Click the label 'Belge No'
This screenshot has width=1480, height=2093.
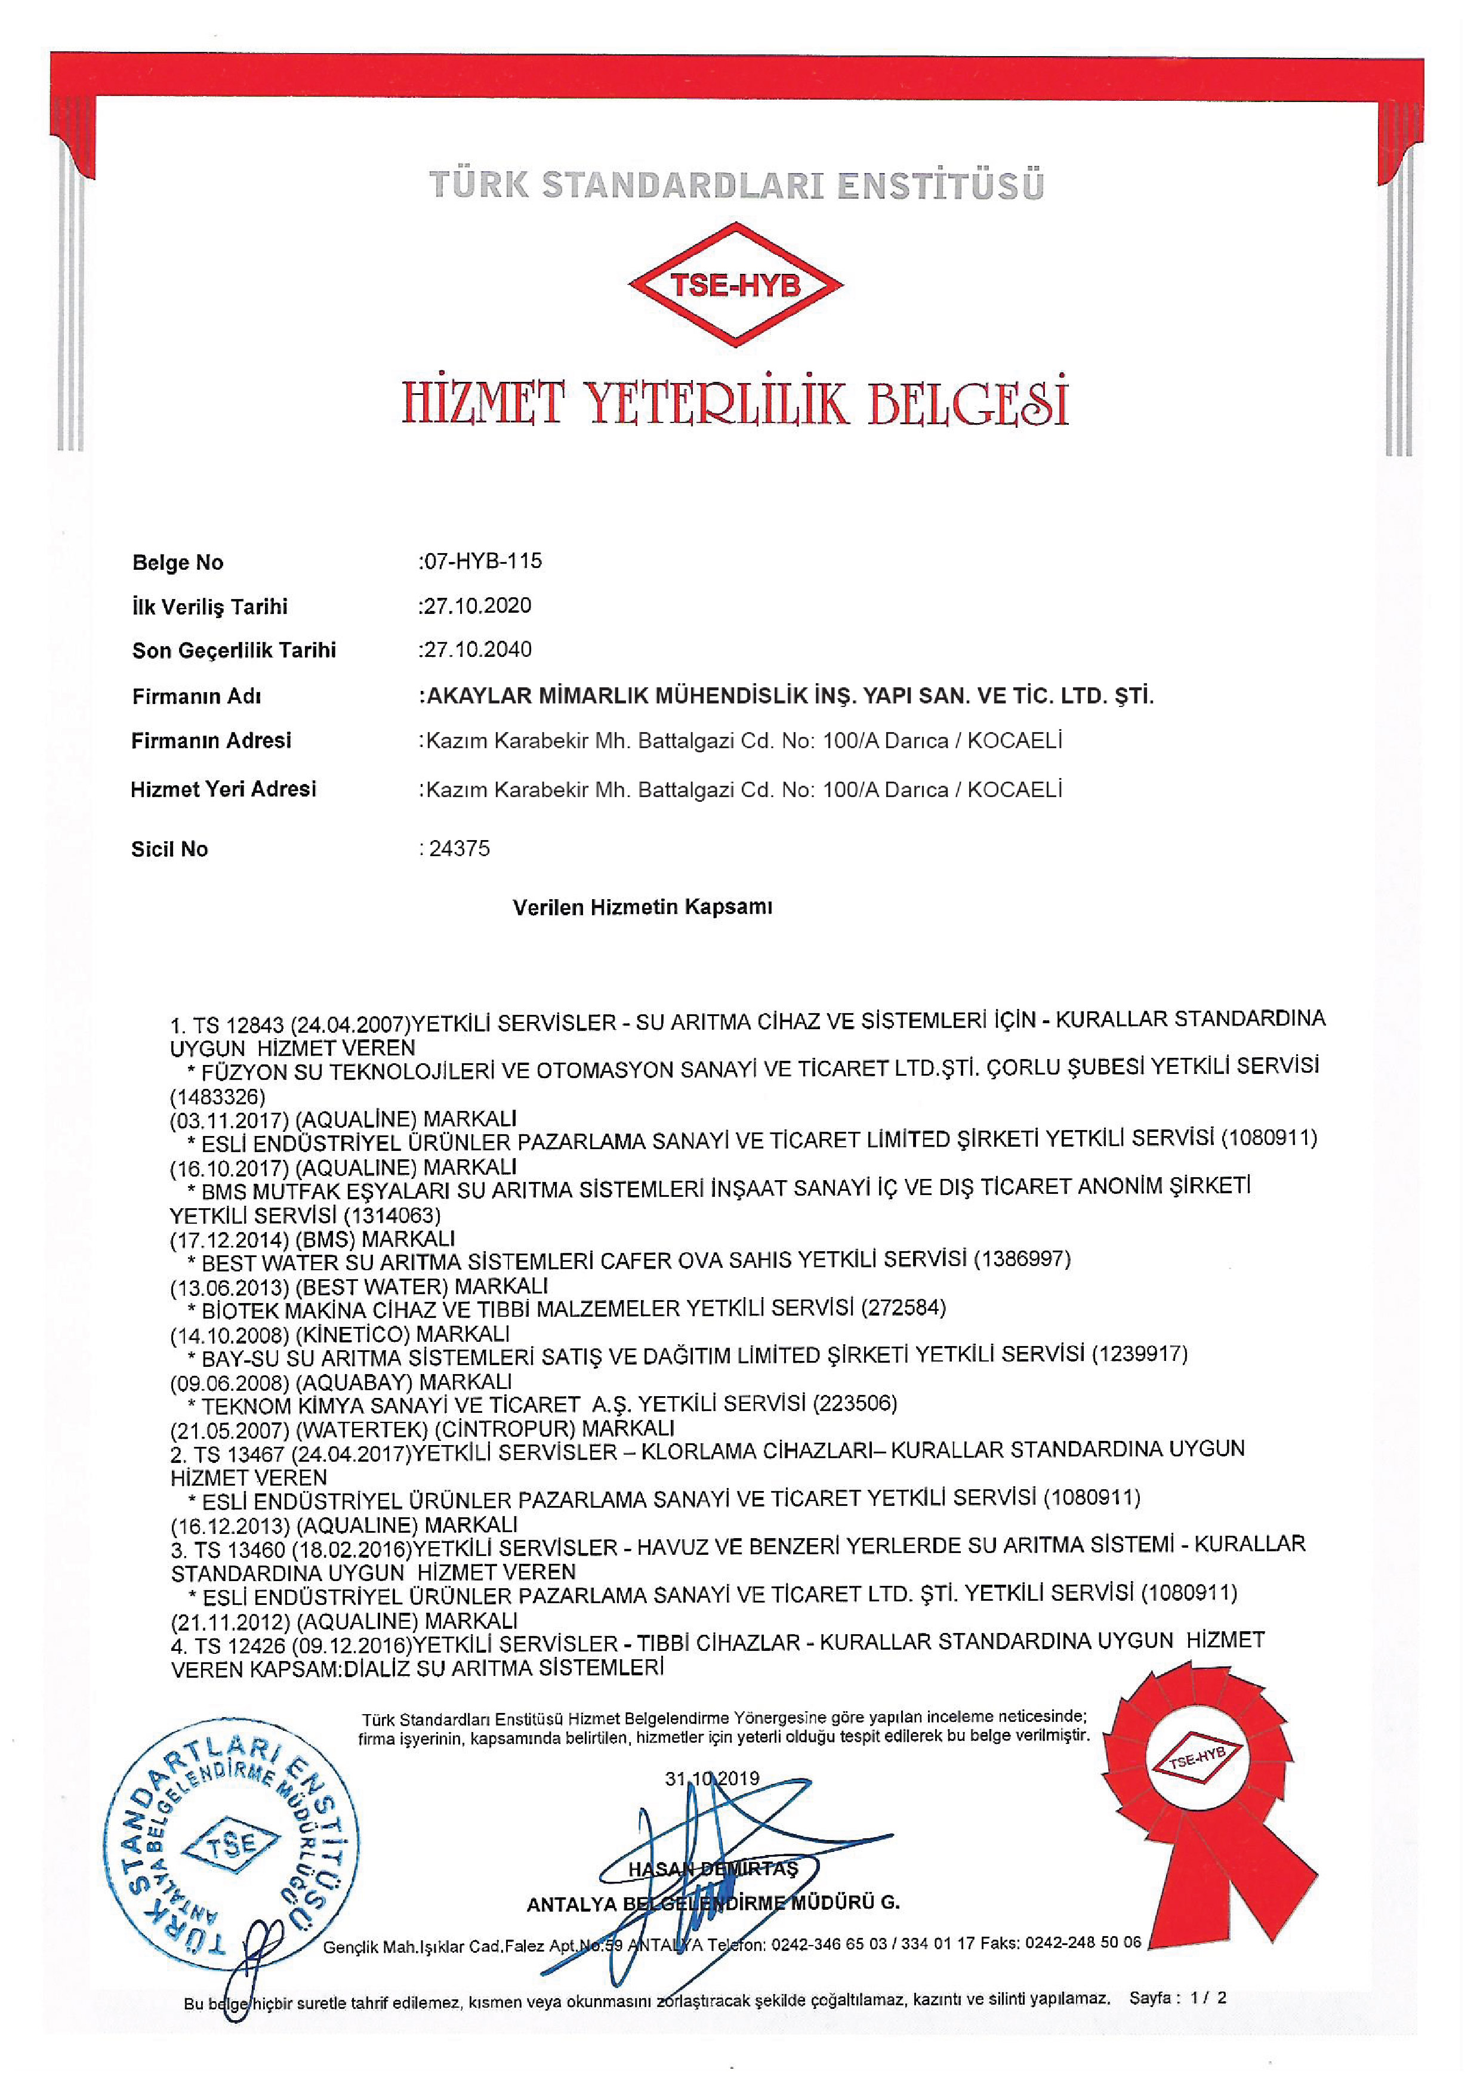pos(178,563)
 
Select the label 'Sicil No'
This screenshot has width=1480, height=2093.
pos(169,850)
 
